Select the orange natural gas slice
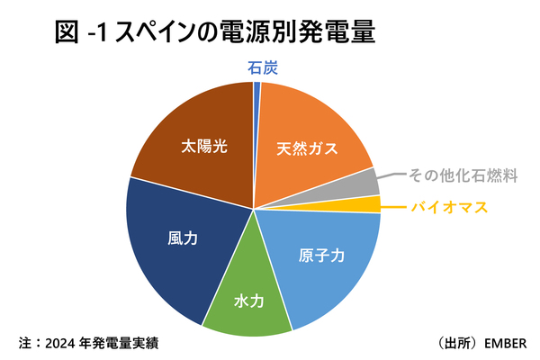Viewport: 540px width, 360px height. [306, 126]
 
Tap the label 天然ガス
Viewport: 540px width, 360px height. [308, 148]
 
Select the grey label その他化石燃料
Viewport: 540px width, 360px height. [463, 175]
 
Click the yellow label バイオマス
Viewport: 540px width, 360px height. [449, 207]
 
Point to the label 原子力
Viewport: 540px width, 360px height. [322, 255]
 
